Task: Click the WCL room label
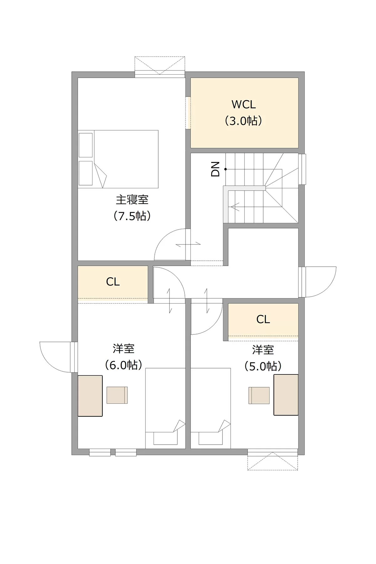[x=244, y=104]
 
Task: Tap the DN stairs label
[x=216, y=169]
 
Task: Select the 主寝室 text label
[x=132, y=200]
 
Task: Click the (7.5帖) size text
[x=132, y=216]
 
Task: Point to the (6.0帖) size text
[x=124, y=365]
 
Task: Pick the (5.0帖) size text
[x=263, y=366]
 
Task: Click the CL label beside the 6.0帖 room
[x=113, y=282]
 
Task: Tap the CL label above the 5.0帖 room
[x=263, y=320]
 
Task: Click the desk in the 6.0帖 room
[x=90, y=396]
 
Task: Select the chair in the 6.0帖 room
[x=117, y=395]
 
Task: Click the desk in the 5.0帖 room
[x=286, y=395]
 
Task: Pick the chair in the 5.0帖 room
[x=259, y=395]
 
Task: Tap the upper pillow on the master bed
[x=86, y=145]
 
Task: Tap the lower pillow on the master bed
[x=86, y=173]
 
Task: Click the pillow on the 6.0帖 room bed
[x=165, y=438]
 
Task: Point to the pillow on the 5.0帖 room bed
[x=211, y=438]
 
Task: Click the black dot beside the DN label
[x=225, y=169]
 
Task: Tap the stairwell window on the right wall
[x=302, y=169]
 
